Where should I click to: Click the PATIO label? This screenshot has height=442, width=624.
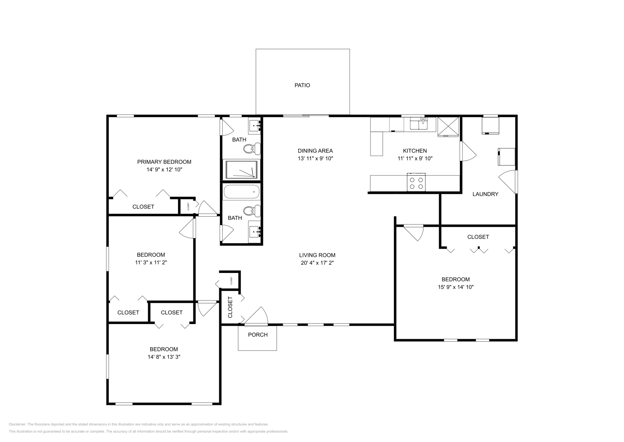coord(302,85)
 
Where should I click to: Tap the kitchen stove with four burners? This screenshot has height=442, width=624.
coord(416,182)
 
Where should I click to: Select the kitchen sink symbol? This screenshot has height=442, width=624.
coord(422,124)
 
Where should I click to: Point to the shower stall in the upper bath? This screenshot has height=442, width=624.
coord(241,169)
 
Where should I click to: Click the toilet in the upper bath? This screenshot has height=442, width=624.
coord(252,148)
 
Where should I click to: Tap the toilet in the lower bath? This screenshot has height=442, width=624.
coord(252,211)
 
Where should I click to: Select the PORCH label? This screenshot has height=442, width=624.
coord(258,335)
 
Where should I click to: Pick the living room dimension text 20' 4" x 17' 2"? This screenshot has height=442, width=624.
coord(317,263)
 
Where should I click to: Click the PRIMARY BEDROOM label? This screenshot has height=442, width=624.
coord(164,162)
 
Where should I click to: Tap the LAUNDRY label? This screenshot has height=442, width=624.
coord(485,194)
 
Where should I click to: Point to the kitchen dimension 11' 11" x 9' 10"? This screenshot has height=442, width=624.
coord(415,159)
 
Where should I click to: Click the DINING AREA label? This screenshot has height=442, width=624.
coord(315,151)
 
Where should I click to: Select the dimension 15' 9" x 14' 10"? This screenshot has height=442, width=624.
coord(456,287)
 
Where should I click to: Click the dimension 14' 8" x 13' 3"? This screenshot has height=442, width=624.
coord(164,356)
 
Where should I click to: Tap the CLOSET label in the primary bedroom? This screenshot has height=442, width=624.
coord(143,207)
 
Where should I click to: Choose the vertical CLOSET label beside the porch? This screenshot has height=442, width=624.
coord(230,307)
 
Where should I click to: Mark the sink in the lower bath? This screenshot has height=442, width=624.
coord(255,232)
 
